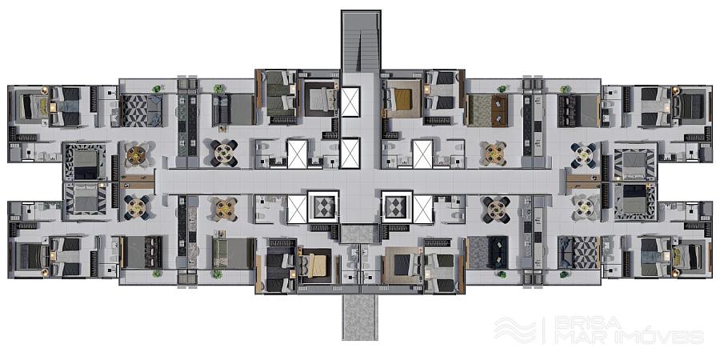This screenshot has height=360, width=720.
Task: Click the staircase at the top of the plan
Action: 361,42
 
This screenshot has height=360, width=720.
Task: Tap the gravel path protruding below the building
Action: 360,318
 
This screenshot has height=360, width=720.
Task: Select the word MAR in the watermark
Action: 574,337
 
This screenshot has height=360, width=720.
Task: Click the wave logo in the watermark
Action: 515,330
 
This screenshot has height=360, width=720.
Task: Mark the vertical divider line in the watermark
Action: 545,330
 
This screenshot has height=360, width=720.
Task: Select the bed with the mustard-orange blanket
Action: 402,99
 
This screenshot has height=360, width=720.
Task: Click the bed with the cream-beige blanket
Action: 314,266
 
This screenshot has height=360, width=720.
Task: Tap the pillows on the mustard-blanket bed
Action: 390,99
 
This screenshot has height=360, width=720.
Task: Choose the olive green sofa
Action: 218,253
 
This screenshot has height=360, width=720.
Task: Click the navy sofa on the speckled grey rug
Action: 498,252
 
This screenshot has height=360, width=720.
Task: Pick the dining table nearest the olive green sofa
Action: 224,210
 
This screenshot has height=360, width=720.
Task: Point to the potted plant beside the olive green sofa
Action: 217,274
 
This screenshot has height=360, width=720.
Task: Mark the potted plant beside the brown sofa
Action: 502,89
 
